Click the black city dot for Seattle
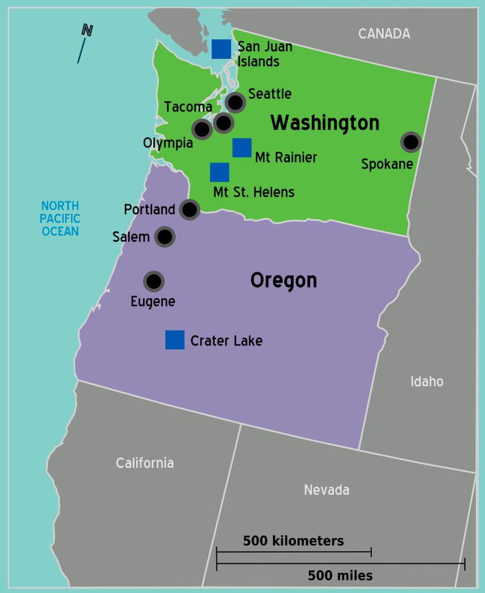235,102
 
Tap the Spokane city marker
410,142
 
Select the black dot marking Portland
189,209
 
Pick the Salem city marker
165,237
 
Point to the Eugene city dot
154,281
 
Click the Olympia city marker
202,129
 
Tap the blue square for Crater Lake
175,340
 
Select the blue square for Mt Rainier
242,148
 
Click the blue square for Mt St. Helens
219,172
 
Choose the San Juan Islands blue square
221,49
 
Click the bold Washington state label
325,123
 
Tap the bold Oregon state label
283,280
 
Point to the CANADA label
384,34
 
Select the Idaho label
427,381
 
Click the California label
145,463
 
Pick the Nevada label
326,490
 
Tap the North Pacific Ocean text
60,218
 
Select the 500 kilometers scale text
293,541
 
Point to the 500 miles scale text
340,575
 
